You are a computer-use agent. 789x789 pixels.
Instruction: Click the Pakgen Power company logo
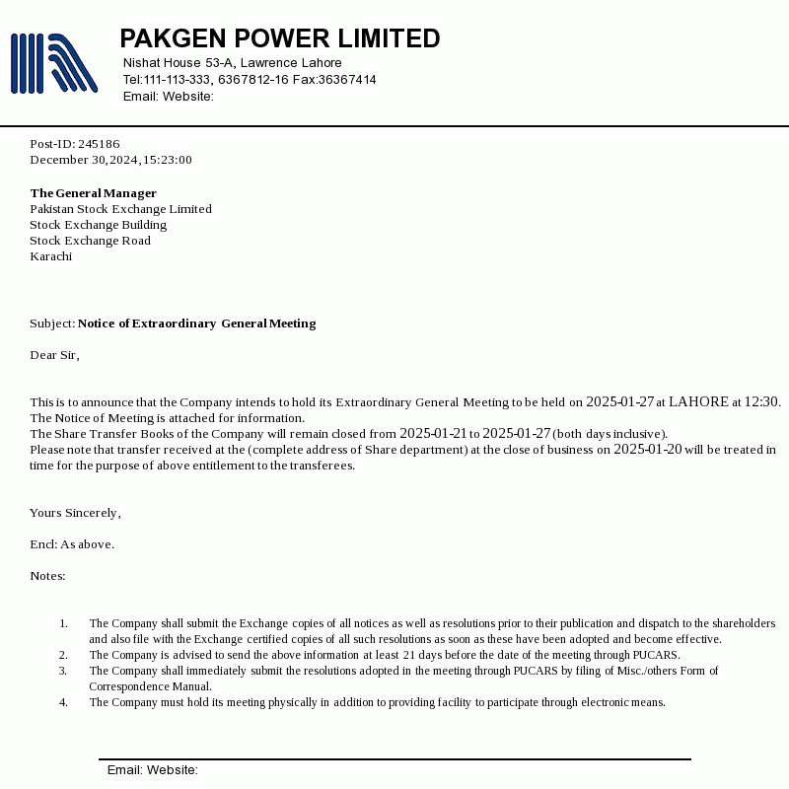click(x=54, y=63)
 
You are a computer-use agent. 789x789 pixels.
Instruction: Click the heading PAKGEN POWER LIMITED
click(x=280, y=38)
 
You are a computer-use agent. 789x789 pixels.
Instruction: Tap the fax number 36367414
click(x=347, y=80)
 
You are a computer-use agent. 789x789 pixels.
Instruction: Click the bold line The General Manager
click(x=94, y=193)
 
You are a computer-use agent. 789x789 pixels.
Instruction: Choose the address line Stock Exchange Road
click(x=90, y=241)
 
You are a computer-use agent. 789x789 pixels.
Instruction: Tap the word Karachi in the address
click(x=50, y=256)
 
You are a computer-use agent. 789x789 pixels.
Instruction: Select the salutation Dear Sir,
click(x=54, y=355)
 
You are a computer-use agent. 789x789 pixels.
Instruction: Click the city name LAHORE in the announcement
click(x=698, y=402)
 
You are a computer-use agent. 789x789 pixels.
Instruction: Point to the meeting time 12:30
click(x=761, y=402)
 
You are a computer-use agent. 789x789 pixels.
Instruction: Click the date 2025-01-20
click(x=647, y=450)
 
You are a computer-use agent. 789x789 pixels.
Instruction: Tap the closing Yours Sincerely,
click(x=75, y=513)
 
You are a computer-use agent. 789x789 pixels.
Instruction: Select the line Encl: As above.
click(x=72, y=544)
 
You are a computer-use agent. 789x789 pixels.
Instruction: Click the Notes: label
click(x=47, y=576)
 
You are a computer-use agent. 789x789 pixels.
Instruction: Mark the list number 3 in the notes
click(x=63, y=671)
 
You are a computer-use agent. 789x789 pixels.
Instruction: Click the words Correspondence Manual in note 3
click(x=150, y=686)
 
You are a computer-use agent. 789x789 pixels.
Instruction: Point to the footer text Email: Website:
click(x=153, y=770)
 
